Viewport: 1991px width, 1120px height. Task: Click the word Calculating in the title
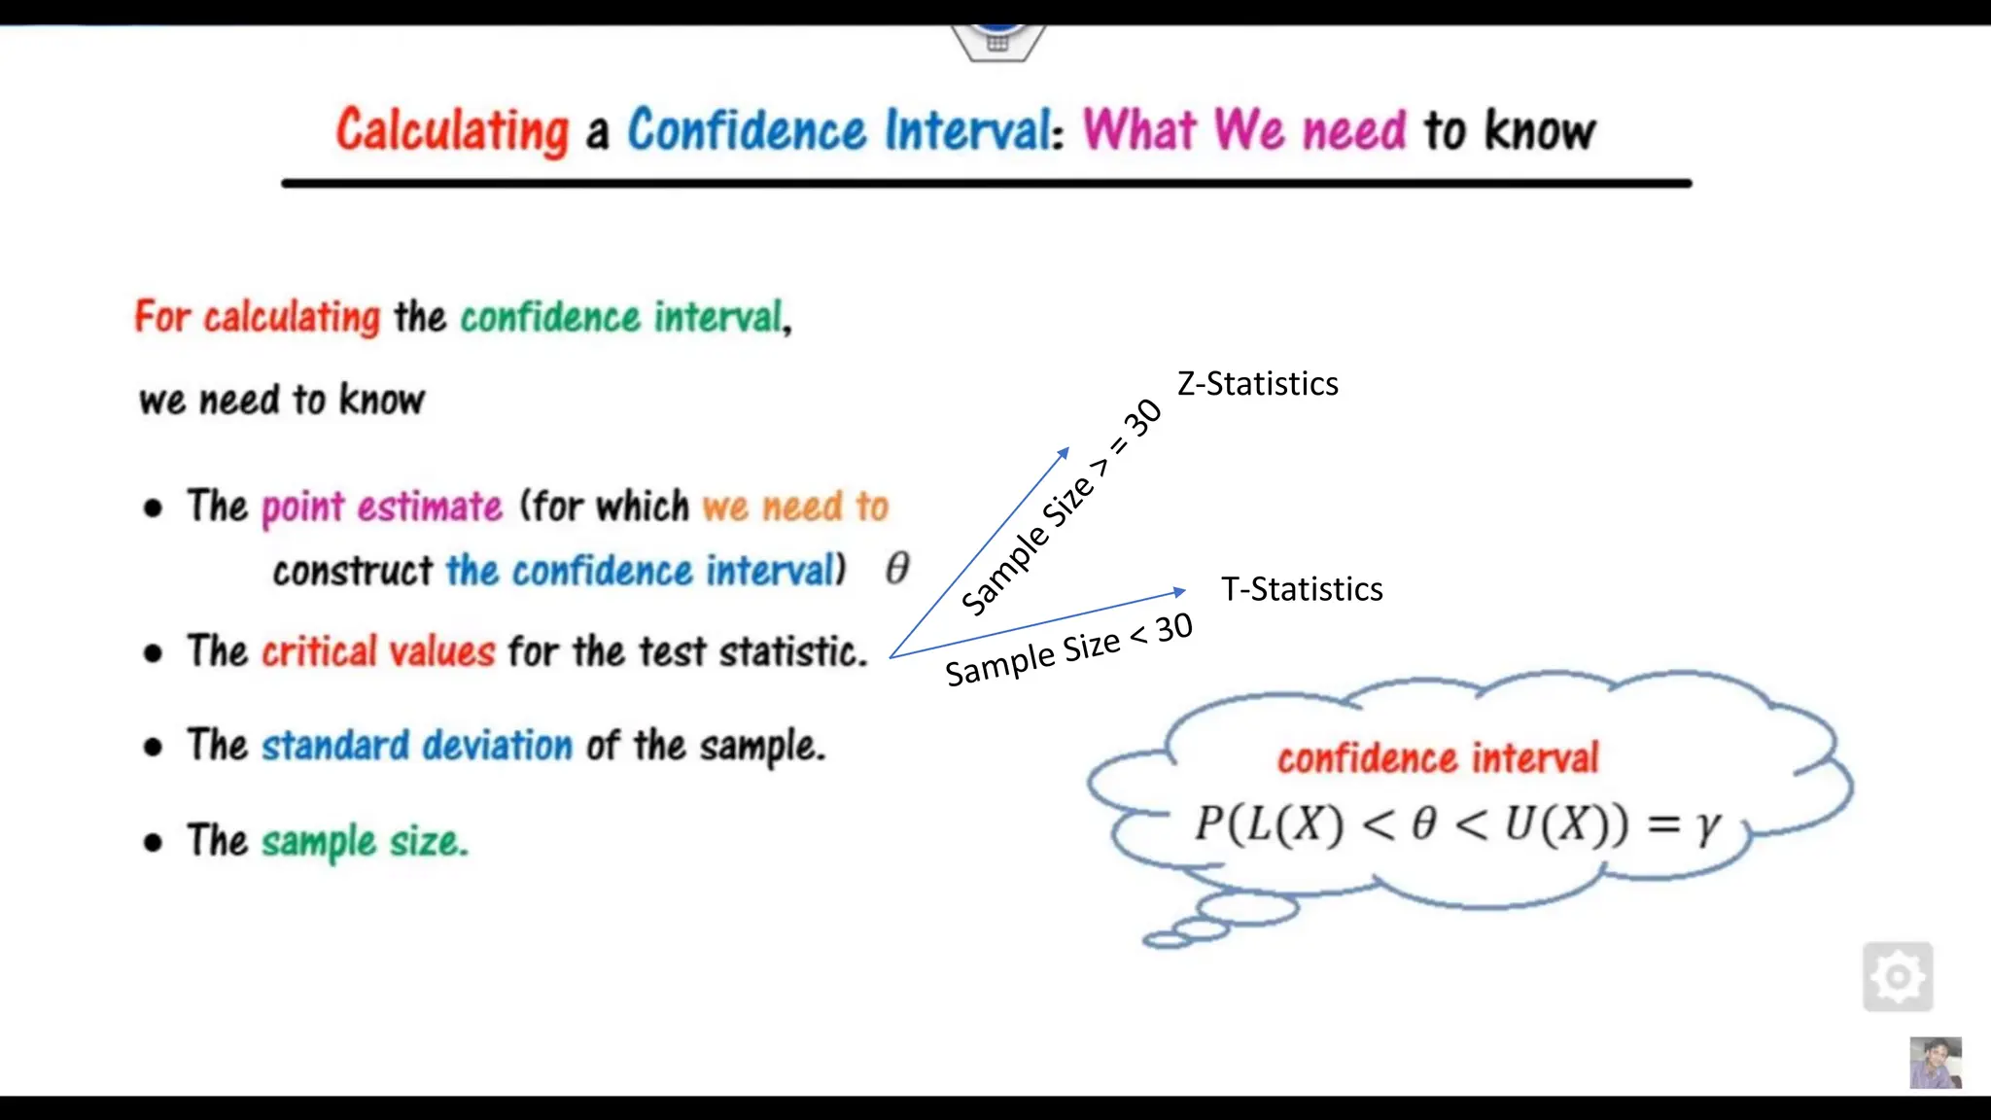[452, 131]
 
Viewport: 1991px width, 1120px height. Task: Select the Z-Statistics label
[1257, 384]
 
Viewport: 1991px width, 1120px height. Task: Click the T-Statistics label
[1302, 589]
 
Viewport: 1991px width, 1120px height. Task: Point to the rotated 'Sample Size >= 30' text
[1061, 507]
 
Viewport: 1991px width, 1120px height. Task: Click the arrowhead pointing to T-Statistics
[1179, 591]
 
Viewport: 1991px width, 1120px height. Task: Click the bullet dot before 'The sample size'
[153, 842]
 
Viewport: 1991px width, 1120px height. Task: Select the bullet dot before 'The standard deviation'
[153, 747]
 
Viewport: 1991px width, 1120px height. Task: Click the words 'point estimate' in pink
[382, 507]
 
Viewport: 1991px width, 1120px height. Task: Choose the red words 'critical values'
[378, 651]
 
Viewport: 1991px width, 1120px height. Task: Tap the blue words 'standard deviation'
[417, 746]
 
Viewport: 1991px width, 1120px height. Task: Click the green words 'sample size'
[365, 841]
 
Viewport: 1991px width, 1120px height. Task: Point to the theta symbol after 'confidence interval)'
[897, 568]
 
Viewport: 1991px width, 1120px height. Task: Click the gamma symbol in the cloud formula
[1707, 825]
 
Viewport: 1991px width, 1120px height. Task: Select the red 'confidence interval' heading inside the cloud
[1437, 758]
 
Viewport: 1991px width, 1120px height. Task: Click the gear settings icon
[1898, 977]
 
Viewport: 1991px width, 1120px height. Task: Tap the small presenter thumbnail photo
[1935, 1063]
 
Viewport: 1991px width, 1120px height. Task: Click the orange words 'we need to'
[795, 507]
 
